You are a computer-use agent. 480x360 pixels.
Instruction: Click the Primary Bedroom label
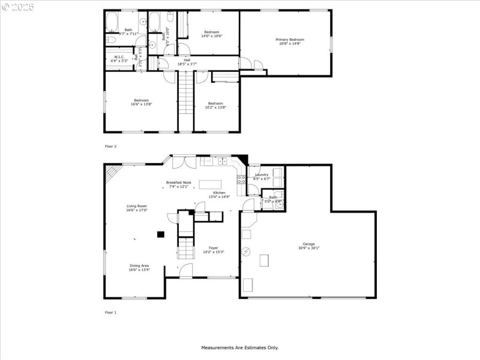[290, 40]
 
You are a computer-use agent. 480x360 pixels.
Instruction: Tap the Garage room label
[308, 244]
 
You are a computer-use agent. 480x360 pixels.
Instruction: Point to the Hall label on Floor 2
[187, 60]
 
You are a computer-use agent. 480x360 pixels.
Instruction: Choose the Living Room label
[136, 206]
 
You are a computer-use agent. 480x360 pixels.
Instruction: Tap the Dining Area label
[139, 266]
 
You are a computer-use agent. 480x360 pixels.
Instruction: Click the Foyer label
[213, 247]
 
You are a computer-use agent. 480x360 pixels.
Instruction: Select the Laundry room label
[262, 175]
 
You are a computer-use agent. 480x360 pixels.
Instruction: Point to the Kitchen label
[220, 193]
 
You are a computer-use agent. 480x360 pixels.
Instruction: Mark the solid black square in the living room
[160, 235]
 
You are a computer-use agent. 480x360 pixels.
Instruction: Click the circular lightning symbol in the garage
[245, 251]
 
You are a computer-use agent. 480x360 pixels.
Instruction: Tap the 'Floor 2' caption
[110, 146]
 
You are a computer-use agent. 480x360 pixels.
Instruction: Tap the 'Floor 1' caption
[110, 313]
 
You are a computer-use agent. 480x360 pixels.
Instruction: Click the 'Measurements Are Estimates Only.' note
[239, 347]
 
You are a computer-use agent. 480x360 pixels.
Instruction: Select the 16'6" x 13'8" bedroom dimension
[141, 104]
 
